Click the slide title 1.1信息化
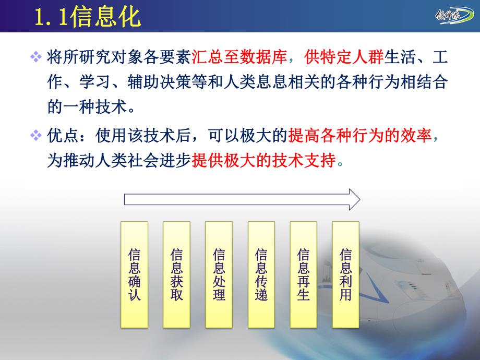pos(88,17)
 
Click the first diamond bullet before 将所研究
pos(36,57)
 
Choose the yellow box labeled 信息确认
pos(134,274)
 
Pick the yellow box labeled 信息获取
pos(176,274)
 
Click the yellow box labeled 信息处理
pos(219,274)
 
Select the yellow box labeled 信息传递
pos(261,274)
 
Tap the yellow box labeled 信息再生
pos(303,274)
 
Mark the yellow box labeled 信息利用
pos(345,274)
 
